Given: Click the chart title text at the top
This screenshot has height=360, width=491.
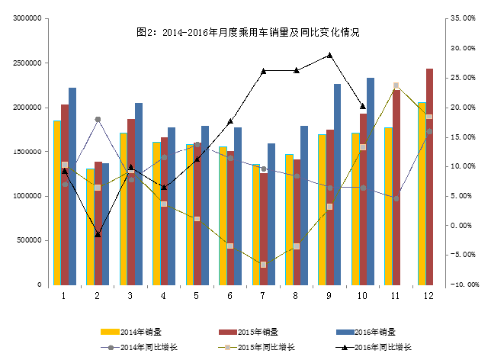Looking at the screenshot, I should click(247, 33).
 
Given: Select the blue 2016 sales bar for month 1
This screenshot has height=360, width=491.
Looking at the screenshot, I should click(72, 187).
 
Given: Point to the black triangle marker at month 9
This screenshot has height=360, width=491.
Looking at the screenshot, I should click(329, 55).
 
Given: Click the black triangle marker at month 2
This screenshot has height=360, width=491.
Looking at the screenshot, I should click(98, 234).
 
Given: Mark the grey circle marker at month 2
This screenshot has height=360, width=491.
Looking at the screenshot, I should click(98, 120).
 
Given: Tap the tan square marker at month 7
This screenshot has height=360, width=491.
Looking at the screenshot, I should click(263, 265).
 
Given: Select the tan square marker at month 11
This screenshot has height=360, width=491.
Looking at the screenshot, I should click(396, 85).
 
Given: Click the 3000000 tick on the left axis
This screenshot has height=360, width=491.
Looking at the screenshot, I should click(27, 18).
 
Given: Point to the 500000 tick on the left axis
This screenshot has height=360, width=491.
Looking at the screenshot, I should click(29, 240).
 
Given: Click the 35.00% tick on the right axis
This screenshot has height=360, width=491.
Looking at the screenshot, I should click(464, 18).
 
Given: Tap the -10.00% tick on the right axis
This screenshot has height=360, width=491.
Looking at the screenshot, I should click(464, 284).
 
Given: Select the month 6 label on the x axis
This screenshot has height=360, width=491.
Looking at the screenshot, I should click(229, 294).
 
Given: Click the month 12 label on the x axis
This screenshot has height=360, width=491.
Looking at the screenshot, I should click(428, 294).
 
